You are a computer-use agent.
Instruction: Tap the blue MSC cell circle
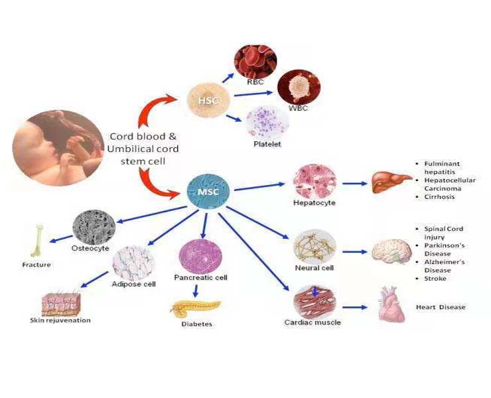click(x=208, y=192)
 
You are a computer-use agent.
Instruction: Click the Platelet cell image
click(x=267, y=122)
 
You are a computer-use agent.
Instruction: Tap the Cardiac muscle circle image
click(x=315, y=300)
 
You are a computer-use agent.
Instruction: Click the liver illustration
click(x=389, y=182)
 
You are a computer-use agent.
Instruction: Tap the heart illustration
click(x=391, y=306)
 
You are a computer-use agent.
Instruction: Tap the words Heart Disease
click(x=441, y=307)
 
